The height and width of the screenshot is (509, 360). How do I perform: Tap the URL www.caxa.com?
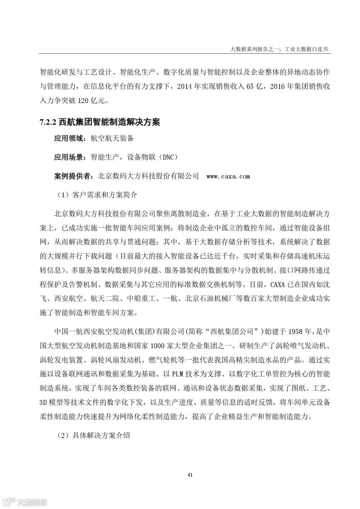(x=228, y=176)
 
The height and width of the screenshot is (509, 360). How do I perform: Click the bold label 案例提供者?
(x=72, y=176)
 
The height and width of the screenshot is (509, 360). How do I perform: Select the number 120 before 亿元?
(x=83, y=101)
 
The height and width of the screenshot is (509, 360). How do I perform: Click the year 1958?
(x=295, y=332)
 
